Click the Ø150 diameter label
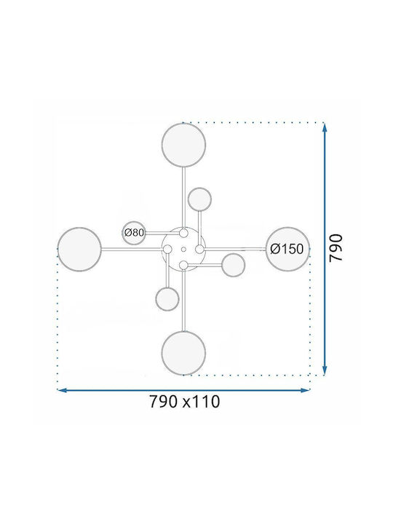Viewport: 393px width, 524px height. (x=287, y=249)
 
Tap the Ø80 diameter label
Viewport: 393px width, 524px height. (x=134, y=232)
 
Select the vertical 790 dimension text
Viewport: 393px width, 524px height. (x=336, y=248)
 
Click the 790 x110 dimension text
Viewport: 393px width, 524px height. (x=184, y=401)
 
